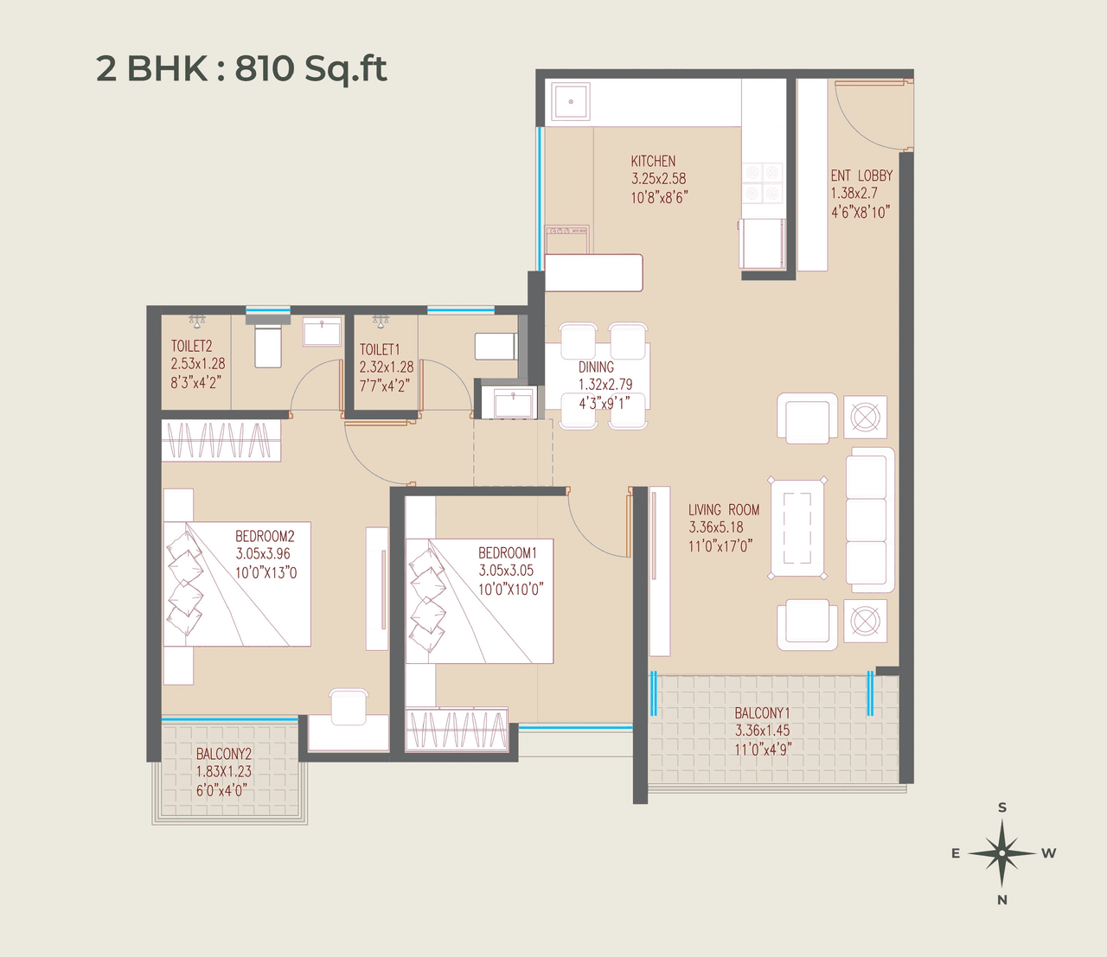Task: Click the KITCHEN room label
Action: point(653,161)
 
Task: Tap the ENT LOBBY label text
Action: point(861,175)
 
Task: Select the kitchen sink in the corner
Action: point(571,102)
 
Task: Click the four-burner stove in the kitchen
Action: point(763,182)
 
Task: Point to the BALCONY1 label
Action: point(762,713)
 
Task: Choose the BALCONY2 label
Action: point(223,754)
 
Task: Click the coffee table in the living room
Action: point(797,527)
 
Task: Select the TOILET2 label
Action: point(191,346)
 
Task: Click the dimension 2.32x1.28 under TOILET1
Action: point(387,367)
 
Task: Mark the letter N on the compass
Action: point(1002,900)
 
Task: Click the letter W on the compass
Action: point(1049,853)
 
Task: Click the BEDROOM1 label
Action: point(508,552)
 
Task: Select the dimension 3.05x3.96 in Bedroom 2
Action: point(263,554)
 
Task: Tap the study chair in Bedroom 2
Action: point(349,706)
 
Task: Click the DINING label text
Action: point(596,367)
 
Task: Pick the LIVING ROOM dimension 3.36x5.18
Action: point(716,527)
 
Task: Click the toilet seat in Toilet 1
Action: point(496,347)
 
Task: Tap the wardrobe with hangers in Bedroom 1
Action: point(457,729)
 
